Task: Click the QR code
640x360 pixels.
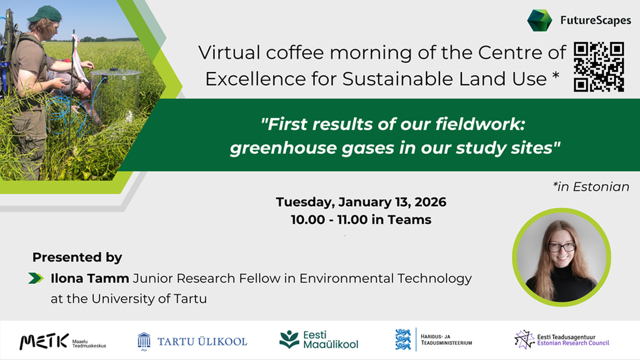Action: pos(599,67)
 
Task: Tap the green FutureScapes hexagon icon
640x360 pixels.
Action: pos(540,20)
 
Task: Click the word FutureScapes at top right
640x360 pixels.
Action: pos(596,21)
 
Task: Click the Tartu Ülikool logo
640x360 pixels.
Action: pos(192,341)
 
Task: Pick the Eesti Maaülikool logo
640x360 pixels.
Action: pos(319,340)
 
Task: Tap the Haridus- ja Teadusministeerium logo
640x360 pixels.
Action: pos(434,340)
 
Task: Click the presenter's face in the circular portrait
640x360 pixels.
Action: pos(560,249)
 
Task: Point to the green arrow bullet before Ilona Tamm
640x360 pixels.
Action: pos(36,279)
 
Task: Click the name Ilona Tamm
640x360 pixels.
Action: pos(90,279)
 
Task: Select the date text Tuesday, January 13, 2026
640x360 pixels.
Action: pos(361,202)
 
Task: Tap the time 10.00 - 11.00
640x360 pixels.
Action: pos(332,220)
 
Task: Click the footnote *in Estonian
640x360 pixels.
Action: pos(590,186)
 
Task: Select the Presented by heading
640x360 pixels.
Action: pos(77,257)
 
